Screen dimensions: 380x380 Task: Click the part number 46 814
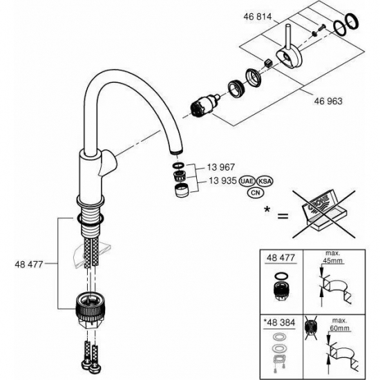point(259,14)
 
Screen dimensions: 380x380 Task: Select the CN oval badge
point(257,193)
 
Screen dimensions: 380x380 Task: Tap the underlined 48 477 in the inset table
point(281,258)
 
